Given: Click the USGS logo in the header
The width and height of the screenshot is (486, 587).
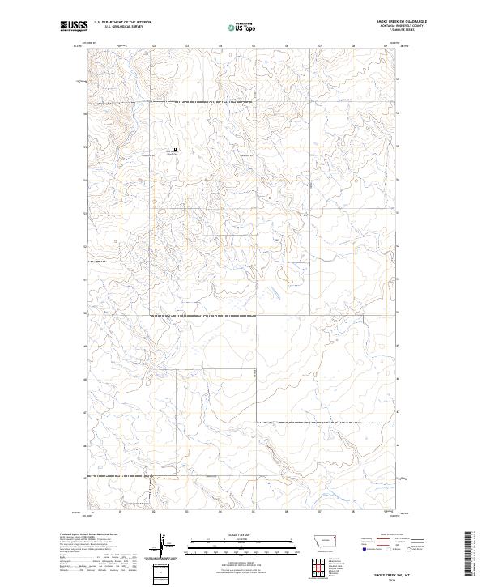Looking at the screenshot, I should (x=74, y=27).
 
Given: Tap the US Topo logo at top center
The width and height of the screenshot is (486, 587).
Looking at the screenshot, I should (x=241, y=28).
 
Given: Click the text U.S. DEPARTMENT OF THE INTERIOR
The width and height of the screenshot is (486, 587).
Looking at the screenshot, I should (x=122, y=23).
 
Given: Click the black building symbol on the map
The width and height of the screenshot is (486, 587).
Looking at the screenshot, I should (x=176, y=149).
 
